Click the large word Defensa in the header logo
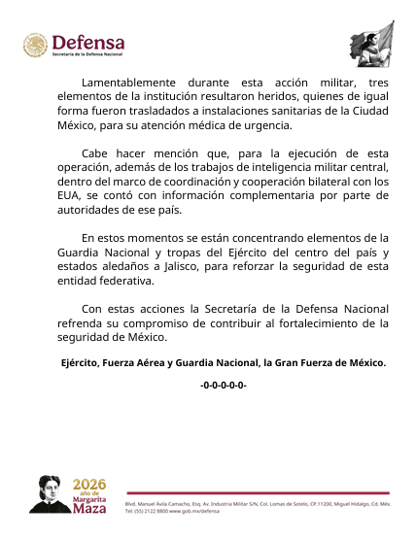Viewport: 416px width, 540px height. tap(87, 42)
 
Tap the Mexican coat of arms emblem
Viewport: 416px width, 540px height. tap(35, 47)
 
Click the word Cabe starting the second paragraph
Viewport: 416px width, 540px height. tap(95, 153)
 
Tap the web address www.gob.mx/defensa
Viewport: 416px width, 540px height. tap(205, 512)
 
